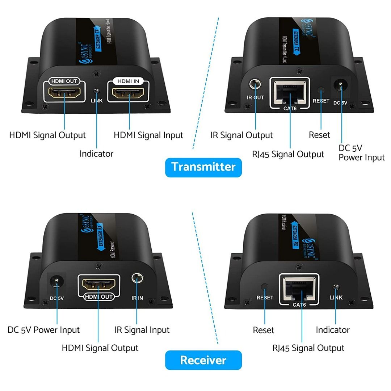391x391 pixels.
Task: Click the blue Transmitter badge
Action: pyautogui.click(x=203, y=167)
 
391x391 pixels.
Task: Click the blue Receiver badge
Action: pyautogui.click(x=203, y=360)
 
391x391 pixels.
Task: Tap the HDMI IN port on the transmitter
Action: pyautogui.click(x=128, y=94)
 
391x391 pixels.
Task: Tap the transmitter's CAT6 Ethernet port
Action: pyautogui.click(x=290, y=92)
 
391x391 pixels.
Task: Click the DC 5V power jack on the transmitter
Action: pyautogui.click(x=340, y=86)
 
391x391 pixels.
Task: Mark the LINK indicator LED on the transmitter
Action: pyautogui.click(x=97, y=91)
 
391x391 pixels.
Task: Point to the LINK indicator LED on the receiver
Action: pyautogui.click(x=336, y=287)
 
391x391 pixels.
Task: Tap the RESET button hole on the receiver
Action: pyautogui.click(x=265, y=286)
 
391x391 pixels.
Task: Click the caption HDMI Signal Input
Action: pyautogui.click(x=148, y=135)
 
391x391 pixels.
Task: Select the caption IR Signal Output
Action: pyautogui.click(x=241, y=135)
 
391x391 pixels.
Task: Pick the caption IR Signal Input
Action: pyautogui.click(x=142, y=330)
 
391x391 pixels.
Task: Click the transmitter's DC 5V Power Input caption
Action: pyautogui.click(x=361, y=153)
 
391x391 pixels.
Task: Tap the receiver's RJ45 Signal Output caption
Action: pyautogui.click(x=308, y=348)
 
